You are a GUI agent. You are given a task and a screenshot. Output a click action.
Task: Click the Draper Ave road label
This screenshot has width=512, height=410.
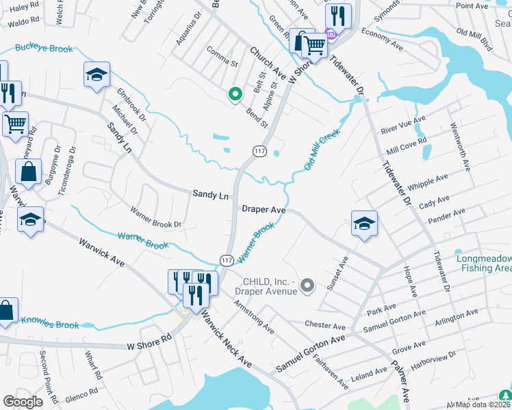[x=264, y=210]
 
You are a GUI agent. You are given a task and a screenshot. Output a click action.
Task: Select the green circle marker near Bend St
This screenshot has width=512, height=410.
[x=235, y=94]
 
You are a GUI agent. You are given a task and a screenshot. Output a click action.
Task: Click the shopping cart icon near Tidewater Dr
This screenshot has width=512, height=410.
[x=314, y=46]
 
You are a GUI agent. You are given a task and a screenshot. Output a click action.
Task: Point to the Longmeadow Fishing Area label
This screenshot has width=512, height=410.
[x=483, y=264]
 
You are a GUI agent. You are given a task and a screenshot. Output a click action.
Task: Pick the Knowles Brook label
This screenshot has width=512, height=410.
[x=50, y=320]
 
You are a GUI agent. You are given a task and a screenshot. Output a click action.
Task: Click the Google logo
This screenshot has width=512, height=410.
[x=23, y=402]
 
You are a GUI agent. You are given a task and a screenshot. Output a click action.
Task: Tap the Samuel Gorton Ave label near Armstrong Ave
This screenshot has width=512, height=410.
[x=311, y=354]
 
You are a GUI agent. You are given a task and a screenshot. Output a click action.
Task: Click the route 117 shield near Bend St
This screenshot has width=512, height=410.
[x=260, y=151]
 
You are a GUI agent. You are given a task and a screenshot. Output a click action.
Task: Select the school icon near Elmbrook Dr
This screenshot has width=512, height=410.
[x=97, y=74]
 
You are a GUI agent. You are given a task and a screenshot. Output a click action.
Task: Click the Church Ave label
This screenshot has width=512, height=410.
[x=267, y=60]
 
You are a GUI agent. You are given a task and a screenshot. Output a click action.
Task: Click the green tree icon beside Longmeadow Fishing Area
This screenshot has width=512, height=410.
[x=505, y=396]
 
